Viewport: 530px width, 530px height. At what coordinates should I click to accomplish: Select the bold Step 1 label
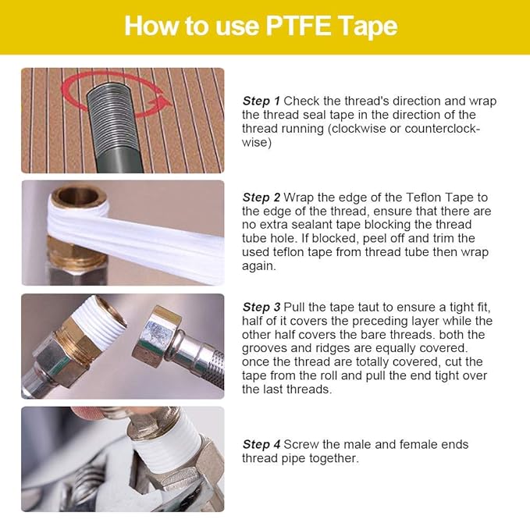click(x=261, y=101)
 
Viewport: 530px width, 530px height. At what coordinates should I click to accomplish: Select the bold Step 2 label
click(x=261, y=197)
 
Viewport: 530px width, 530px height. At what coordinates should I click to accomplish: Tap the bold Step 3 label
click(x=261, y=307)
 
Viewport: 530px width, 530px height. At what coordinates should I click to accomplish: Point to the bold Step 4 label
click(x=261, y=444)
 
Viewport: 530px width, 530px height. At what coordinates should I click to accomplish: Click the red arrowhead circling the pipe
click(x=162, y=101)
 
